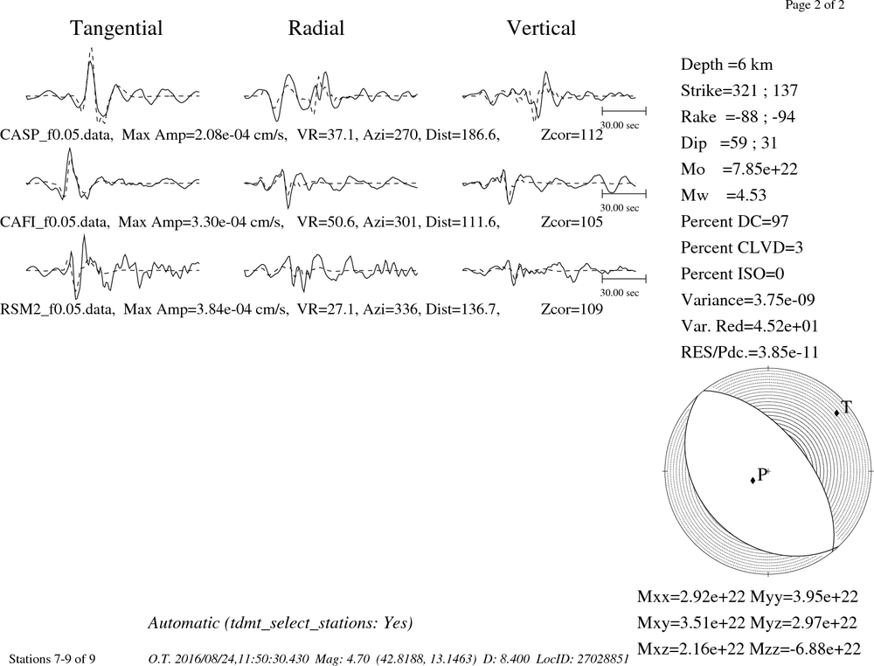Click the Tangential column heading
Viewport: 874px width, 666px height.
(x=116, y=29)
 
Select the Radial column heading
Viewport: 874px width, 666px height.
(x=316, y=28)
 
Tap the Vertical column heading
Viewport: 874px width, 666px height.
(x=541, y=28)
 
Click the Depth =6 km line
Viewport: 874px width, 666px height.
(x=727, y=65)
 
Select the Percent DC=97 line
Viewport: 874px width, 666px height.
(x=735, y=221)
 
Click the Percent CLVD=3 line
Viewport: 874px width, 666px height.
(x=742, y=247)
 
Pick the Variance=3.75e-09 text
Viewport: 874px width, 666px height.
(x=748, y=300)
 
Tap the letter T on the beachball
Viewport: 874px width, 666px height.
(x=847, y=407)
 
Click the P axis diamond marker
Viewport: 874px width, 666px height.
(x=753, y=480)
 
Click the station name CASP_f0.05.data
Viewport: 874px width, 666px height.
(x=57, y=135)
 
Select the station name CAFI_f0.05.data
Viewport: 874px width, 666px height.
(x=55, y=222)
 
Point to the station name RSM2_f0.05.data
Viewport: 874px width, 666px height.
(x=58, y=309)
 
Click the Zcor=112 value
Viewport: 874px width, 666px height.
(x=572, y=135)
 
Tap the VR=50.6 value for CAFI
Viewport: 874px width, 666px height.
(x=325, y=222)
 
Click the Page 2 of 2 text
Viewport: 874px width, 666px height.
(x=815, y=5)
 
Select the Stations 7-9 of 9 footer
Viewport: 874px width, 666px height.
(x=52, y=659)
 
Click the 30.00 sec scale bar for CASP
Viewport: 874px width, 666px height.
(x=624, y=111)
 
